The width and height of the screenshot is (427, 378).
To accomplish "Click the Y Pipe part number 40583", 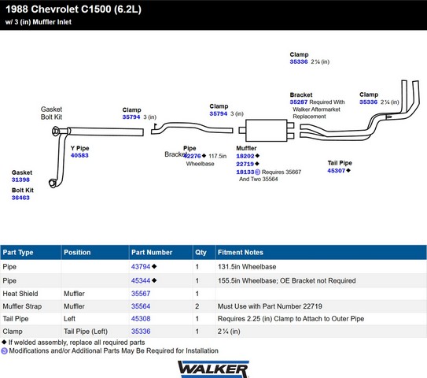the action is pyautogui.click(x=79, y=155).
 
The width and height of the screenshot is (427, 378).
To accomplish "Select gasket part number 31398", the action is pyautogui.click(x=20, y=180).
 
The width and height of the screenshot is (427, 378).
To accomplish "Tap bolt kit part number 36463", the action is pyautogui.click(x=20, y=198).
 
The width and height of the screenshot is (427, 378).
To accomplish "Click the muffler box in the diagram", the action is pyautogui.click(x=267, y=131).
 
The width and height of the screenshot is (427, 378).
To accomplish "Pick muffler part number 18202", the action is pyautogui.click(x=245, y=156).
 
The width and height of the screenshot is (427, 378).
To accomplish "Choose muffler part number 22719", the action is pyautogui.click(x=245, y=164).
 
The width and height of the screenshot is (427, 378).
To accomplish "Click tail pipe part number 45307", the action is pyautogui.click(x=337, y=171).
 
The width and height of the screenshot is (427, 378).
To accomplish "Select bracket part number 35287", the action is pyautogui.click(x=299, y=102).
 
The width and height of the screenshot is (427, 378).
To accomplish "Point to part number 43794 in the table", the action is pyautogui.click(x=141, y=266).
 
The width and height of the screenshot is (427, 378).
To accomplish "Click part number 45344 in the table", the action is pyautogui.click(x=141, y=280).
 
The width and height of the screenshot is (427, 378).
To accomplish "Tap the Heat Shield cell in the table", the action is pyautogui.click(x=20, y=294).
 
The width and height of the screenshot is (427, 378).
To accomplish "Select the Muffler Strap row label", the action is pyautogui.click(x=22, y=306).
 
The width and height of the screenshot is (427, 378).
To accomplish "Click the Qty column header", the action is pyautogui.click(x=201, y=252).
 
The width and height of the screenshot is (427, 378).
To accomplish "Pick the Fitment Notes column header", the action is pyautogui.click(x=241, y=252).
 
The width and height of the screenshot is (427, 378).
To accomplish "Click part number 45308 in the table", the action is pyautogui.click(x=141, y=319).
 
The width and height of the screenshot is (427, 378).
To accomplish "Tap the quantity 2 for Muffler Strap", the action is pyautogui.click(x=197, y=306).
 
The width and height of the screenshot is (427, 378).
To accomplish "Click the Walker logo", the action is pyautogui.click(x=213, y=369).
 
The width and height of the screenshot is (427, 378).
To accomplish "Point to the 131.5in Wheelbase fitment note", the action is pyautogui.click(x=247, y=267).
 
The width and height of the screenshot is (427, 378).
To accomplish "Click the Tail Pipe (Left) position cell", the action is pyautogui.click(x=86, y=332).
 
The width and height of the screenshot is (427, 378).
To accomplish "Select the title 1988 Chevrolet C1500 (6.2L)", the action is pyautogui.click(x=74, y=9).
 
